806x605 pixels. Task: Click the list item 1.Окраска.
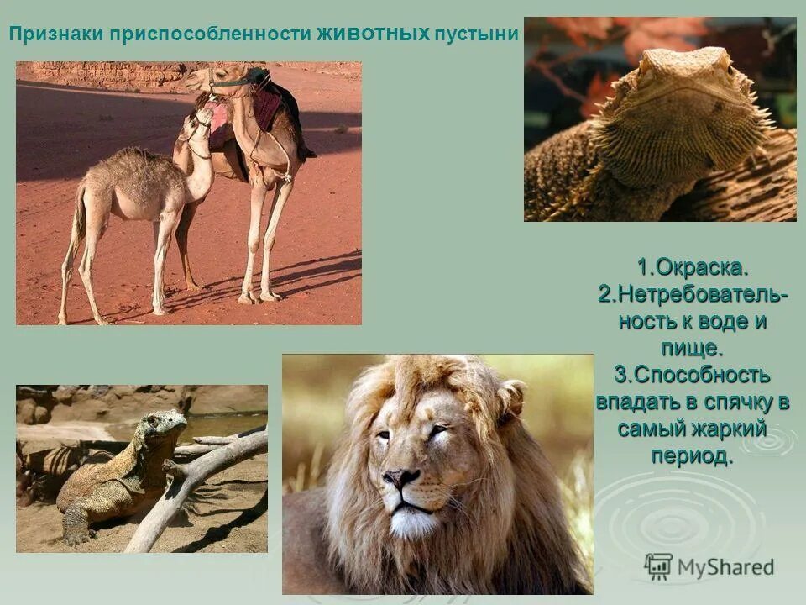click(x=692, y=269)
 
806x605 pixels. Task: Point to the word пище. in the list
click(x=693, y=347)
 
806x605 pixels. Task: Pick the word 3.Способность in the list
click(x=693, y=374)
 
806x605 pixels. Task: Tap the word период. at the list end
click(x=692, y=455)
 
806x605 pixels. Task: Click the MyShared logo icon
click(x=658, y=566)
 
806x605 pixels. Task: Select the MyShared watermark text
click(x=725, y=567)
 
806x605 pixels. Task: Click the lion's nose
click(x=401, y=478)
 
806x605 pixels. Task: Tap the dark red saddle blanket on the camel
click(x=266, y=108)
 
